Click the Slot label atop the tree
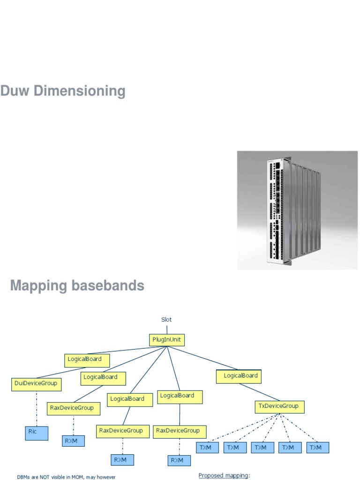point(166,319)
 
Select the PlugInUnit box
point(166,339)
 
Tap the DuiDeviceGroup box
point(36,384)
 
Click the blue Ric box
point(36,433)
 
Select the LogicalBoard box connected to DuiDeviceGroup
point(86,360)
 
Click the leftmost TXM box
point(207,448)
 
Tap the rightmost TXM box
point(317,448)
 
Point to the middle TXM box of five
point(262,448)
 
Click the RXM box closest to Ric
point(74,441)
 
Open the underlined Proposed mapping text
point(224,475)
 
